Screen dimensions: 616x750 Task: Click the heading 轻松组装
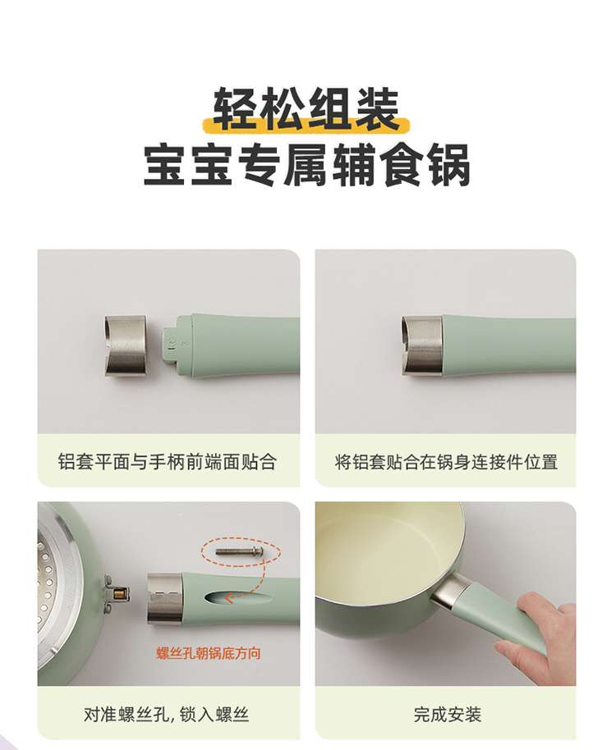[306, 108]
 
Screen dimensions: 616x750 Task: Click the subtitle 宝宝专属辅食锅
[307, 166]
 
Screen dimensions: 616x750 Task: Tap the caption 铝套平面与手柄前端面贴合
[167, 462]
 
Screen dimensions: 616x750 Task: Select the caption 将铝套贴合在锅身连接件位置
[446, 462]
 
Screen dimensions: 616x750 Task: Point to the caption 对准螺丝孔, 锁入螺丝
[166, 715]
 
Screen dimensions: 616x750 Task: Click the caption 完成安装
[448, 715]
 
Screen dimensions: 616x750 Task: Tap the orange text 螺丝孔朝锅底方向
[209, 653]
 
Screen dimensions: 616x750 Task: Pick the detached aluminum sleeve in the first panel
[125, 345]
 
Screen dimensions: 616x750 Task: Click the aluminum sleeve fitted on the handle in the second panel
[422, 345]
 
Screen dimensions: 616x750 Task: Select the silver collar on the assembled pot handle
[451, 592]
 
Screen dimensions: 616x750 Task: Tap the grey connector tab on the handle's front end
[171, 345]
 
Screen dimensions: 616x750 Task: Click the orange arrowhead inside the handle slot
[229, 597]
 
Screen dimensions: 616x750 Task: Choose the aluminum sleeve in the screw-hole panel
[164, 598]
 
